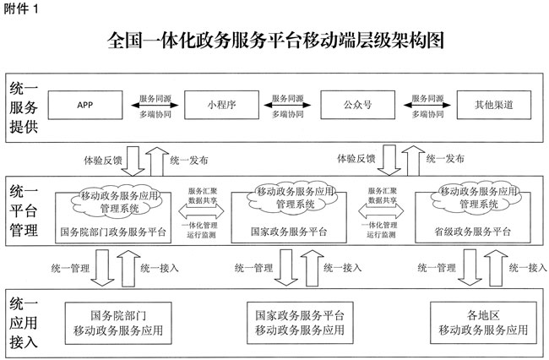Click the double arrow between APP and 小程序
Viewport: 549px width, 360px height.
click(x=152, y=106)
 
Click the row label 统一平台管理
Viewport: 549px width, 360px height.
click(x=22, y=211)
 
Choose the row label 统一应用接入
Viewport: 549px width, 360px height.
click(x=22, y=322)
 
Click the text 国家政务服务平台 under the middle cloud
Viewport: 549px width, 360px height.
click(x=290, y=231)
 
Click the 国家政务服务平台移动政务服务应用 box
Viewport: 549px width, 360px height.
click(x=298, y=322)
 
